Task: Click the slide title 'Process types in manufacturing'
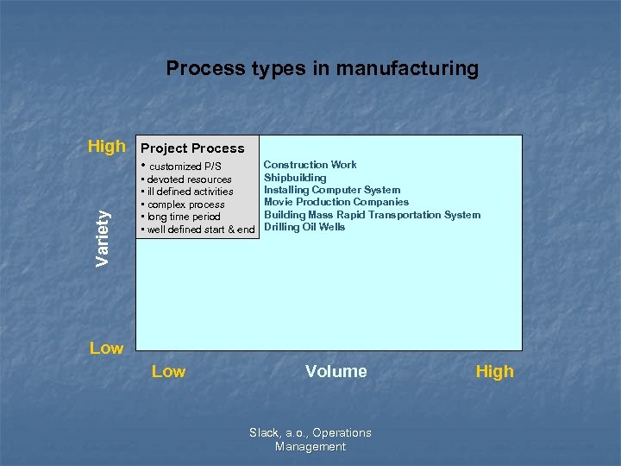pyautogui.click(x=322, y=68)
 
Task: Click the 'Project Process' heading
pyautogui.click(x=192, y=148)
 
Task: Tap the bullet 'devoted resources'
pyautogui.click(x=188, y=179)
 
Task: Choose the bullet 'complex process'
pyautogui.click(x=185, y=205)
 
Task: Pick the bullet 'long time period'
pyautogui.click(x=183, y=217)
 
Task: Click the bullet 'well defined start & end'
pyautogui.click(x=199, y=230)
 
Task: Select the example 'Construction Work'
pyautogui.click(x=310, y=165)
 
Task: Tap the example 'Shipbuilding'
pyautogui.click(x=295, y=178)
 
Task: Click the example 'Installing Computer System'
pyautogui.click(x=332, y=190)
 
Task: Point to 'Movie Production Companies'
pyautogui.click(x=336, y=202)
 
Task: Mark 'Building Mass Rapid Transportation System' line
pyautogui.click(x=372, y=215)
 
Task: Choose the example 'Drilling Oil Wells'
pyautogui.click(x=304, y=227)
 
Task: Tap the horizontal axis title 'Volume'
pyautogui.click(x=336, y=371)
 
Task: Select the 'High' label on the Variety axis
pyautogui.click(x=106, y=147)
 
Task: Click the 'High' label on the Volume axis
pyautogui.click(x=494, y=371)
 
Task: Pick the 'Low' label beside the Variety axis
pyautogui.click(x=106, y=348)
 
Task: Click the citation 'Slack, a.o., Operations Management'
pyautogui.click(x=310, y=439)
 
